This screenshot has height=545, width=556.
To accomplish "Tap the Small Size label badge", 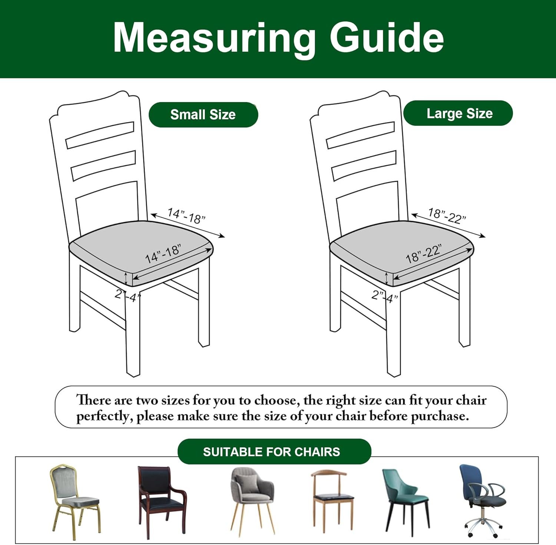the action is [203, 115].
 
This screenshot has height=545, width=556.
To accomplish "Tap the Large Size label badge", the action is [458, 113].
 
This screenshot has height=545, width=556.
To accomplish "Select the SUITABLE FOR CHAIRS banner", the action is [274, 452].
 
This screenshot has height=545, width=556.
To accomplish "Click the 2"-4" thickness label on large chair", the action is [385, 296].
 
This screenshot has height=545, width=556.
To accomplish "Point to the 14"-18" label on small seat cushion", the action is [163, 254].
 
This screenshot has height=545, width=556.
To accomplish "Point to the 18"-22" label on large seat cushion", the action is [424, 254].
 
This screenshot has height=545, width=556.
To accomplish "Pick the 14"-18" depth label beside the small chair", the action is [186, 216].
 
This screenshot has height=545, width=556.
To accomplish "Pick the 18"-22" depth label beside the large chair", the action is [447, 216].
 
